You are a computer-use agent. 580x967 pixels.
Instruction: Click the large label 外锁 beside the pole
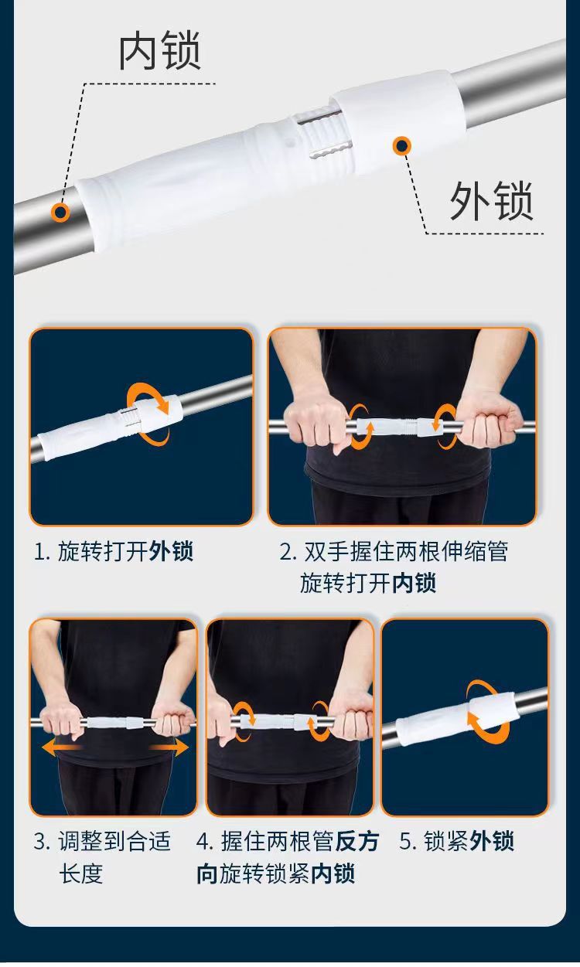492,201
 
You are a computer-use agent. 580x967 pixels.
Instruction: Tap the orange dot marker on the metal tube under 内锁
60,212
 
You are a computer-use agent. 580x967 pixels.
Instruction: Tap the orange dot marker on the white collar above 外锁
401,145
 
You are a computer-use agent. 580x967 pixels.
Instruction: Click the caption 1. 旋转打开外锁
113,551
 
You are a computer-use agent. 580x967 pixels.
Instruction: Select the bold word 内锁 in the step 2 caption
414,583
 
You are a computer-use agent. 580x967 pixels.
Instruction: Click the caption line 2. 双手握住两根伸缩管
394,551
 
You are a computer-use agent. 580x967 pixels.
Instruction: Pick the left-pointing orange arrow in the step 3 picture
60,747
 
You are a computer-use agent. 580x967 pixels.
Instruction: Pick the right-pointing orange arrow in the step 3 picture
169,747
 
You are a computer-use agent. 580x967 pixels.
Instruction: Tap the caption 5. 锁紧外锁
456,841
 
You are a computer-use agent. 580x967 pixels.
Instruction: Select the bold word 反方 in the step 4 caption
357,841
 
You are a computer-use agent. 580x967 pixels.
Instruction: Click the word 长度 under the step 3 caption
80,873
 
